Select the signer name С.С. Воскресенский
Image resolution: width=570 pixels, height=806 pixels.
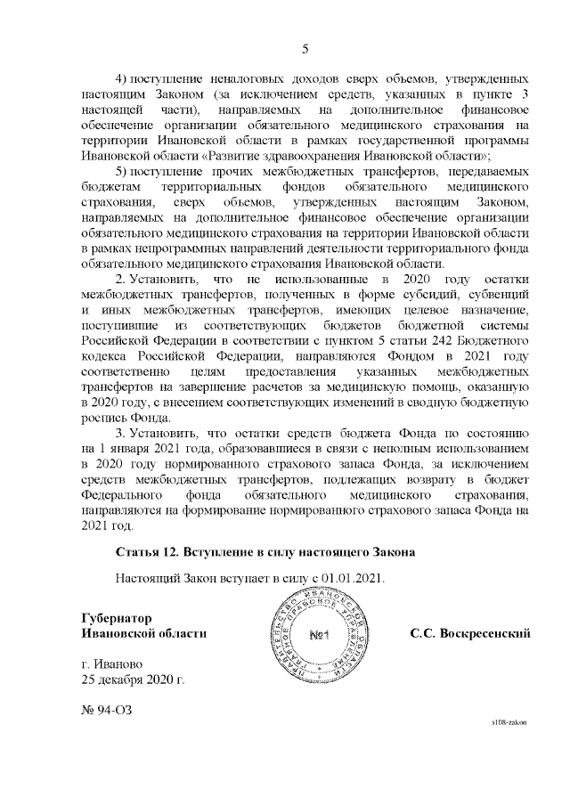click(470, 633)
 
